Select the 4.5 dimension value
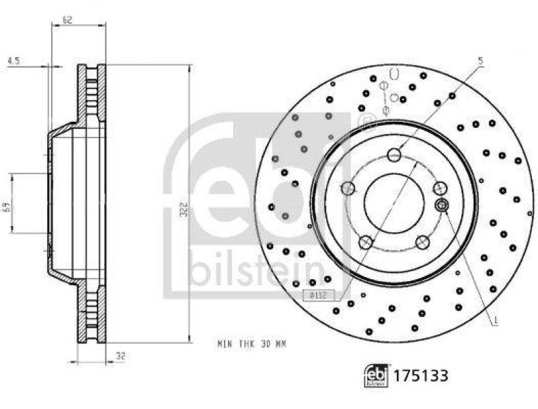click(13, 61)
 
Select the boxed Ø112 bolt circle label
click(315, 295)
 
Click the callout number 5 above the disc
click(480, 61)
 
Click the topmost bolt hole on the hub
click(395, 155)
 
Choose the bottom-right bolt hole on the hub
click(423, 241)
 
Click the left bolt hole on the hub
click(348, 188)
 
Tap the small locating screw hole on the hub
click(442, 204)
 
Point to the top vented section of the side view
click(92, 94)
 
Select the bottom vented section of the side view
click(92, 313)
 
